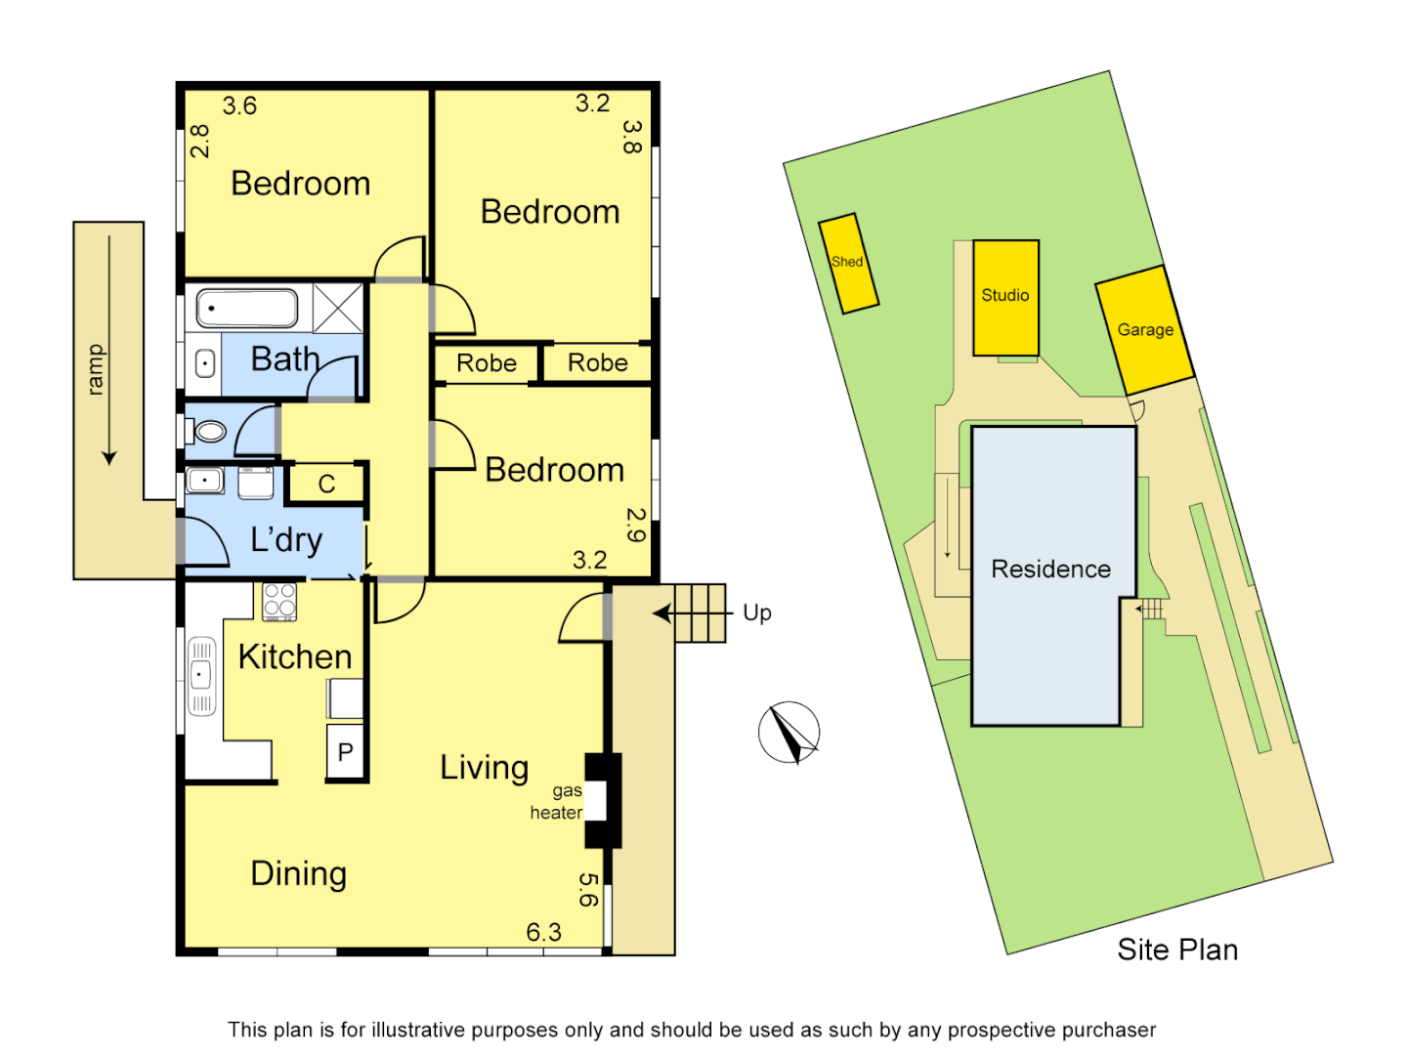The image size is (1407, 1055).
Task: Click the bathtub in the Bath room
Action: (x=247, y=309)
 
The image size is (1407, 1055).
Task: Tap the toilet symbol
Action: (x=209, y=431)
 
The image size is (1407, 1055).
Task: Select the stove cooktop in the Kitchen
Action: (x=279, y=602)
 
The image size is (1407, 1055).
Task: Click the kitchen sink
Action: (x=201, y=674)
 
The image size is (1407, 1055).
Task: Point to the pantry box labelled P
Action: (x=345, y=751)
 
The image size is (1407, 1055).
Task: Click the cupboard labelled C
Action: (x=326, y=484)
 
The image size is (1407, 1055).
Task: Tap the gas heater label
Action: (x=557, y=802)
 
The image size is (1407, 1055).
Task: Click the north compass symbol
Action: (x=789, y=733)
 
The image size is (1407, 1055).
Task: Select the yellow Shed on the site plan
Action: (x=848, y=263)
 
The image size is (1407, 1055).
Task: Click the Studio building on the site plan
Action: (x=1005, y=297)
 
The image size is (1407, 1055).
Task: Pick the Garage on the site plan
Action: (x=1145, y=329)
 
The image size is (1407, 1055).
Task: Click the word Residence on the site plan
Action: (x=1050, y=570)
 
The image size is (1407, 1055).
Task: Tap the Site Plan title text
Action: (x=1177, y=949)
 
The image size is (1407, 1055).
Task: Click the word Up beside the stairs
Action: (x=757, y=612)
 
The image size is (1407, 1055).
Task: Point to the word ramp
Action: (x=95, y=369)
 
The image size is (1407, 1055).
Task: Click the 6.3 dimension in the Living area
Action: (x=543, y=932)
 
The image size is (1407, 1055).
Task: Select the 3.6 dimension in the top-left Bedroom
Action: (x=239, y=105)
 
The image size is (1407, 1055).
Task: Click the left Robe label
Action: (x=487, y=363)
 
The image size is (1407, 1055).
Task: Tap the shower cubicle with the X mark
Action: (x=338, y=309)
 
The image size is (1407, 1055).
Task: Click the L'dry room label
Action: (x=286, y=539)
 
